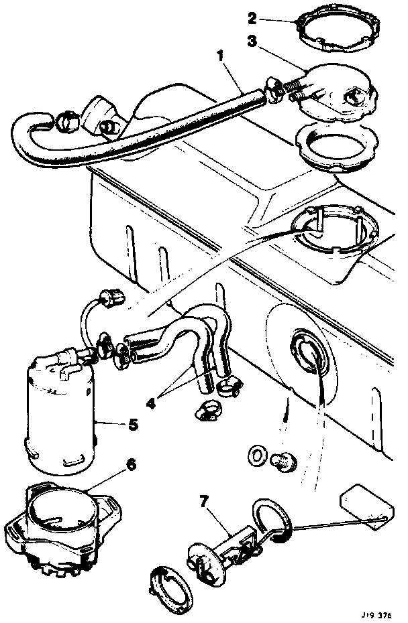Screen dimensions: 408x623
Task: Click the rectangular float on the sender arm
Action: (x=358, y=506)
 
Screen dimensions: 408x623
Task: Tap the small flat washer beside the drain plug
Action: (x=256, y=456)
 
